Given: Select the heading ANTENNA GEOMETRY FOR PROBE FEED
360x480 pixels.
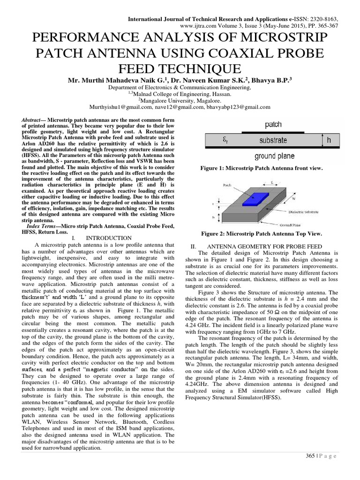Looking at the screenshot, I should point(271,246).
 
